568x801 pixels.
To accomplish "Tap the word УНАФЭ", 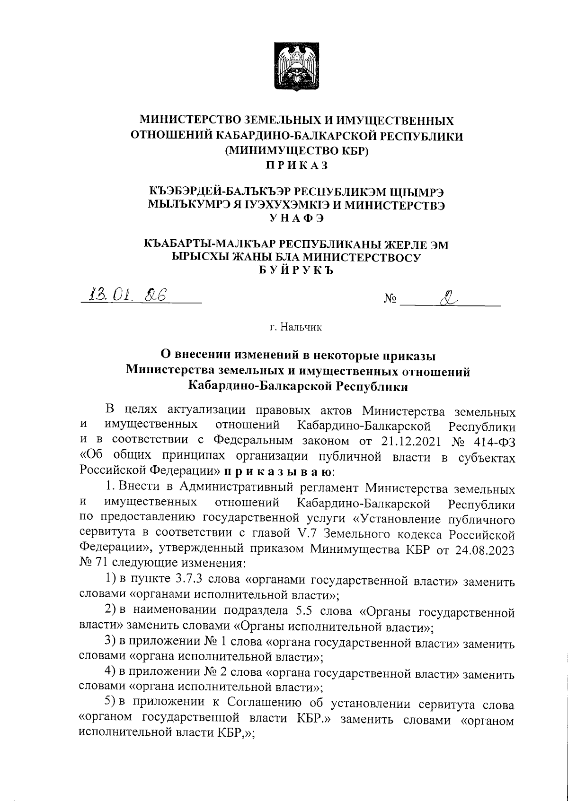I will point(297,218).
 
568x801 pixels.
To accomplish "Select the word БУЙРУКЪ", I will point(297,270).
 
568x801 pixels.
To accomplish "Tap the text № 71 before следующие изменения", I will point(93,564).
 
